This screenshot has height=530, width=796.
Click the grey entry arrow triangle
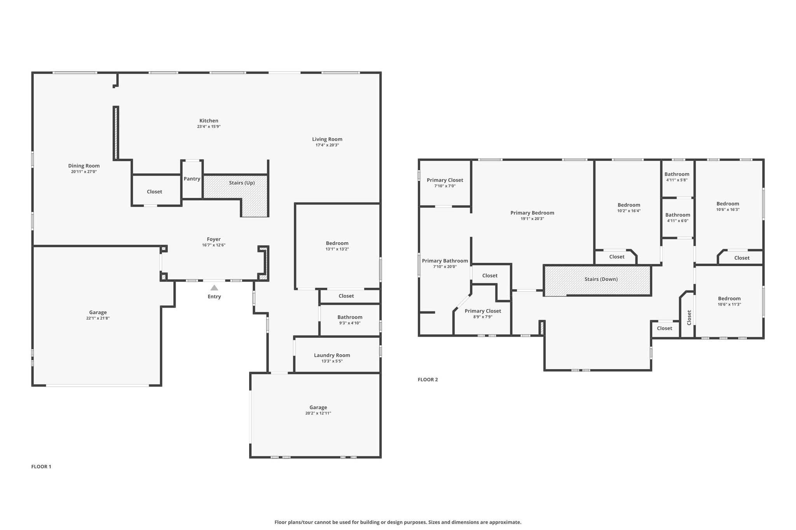click(x=214, y=288)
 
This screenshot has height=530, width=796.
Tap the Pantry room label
click(x=192, y=179)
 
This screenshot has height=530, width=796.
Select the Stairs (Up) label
click(x=242, y=183)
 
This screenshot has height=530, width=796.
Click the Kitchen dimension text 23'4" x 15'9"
click(x=209, y=127)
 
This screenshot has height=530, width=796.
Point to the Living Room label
click(x=327, y=139)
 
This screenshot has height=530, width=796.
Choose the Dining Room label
click(x=84, y=166)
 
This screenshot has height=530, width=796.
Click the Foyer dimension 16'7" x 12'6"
click(x=214, y=245)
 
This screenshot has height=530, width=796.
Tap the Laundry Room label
click(x=332, y=355)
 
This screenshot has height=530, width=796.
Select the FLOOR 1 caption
click(x=41, y=467)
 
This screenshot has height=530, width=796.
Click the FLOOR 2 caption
click(x=428, y=380)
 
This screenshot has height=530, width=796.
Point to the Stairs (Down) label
click(x=601, y=279)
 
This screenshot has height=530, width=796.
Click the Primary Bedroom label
click(x=532, y=213)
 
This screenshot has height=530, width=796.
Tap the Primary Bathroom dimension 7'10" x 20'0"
click(x=445, y=267)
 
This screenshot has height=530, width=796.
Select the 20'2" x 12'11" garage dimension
click(x=318, y=413)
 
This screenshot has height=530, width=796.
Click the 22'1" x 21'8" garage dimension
click(x=98, y=318)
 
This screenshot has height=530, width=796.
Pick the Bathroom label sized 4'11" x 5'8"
click(x=677, y=174)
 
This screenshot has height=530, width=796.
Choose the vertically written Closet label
click(x=689, y=317)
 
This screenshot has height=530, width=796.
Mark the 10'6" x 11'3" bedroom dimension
click(x=730, y=304)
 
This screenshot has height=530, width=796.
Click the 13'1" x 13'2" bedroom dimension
click(x=337, y=249)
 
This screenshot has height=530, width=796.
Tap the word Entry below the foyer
click(x=214, y=297)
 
